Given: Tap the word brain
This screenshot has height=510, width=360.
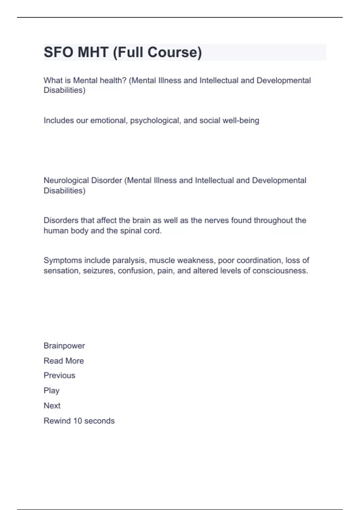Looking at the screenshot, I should click(x=141, y=220).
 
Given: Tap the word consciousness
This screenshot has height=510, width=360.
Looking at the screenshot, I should click(x=280, y=271).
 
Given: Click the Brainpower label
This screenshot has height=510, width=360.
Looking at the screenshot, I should click(x=64, y=346).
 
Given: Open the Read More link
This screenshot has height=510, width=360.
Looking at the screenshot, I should click(x=64, y=361).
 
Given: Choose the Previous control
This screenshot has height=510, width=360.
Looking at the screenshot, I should click(x=59, y=375).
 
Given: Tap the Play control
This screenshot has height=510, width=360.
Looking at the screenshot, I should click(x=52, y=391).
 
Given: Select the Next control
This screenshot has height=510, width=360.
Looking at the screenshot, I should click(x=52, y=406).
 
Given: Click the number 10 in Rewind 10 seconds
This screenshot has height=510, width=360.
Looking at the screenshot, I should click(x=77, y=421).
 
